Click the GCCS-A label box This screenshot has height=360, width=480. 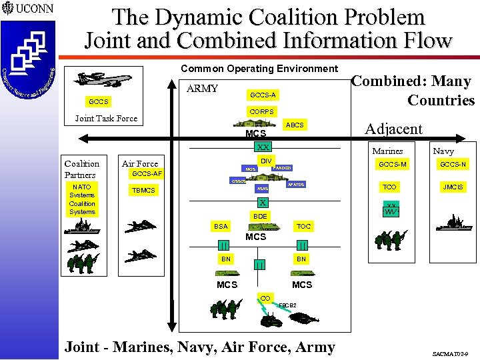[262, 95]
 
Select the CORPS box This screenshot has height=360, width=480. [261, 111]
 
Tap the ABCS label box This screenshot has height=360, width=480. [294, 125]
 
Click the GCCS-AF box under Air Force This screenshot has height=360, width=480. [147, 174]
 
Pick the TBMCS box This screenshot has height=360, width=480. [143, 190]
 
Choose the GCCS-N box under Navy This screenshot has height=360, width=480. [453, 165]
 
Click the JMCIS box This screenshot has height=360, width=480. [453, 187]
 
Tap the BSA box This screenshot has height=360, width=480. [221, 227]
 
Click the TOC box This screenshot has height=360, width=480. [303, 227]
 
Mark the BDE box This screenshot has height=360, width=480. [260, 216]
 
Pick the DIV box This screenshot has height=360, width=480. [265, 162]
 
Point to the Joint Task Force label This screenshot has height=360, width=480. [106, 119]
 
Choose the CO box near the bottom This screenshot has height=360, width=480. [265, 298]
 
